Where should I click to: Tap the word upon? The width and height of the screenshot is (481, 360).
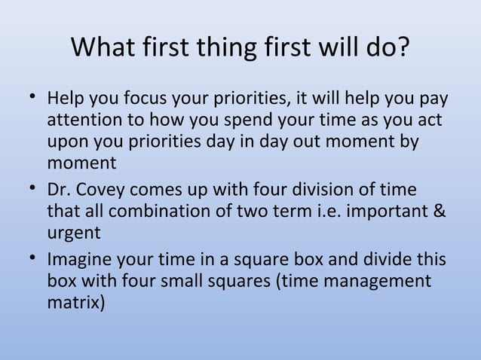click(66, 142)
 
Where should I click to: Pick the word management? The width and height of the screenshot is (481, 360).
click(377, 282)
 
